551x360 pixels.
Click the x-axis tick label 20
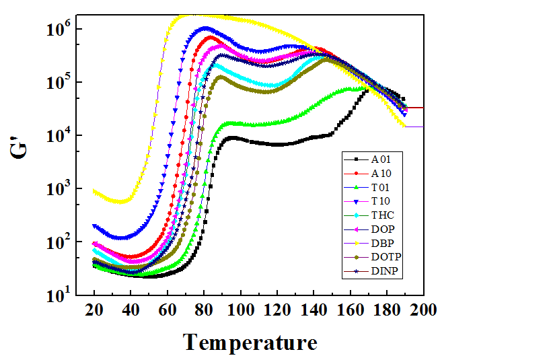tap(94, 310)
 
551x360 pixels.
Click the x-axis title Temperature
tap(250, 343)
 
